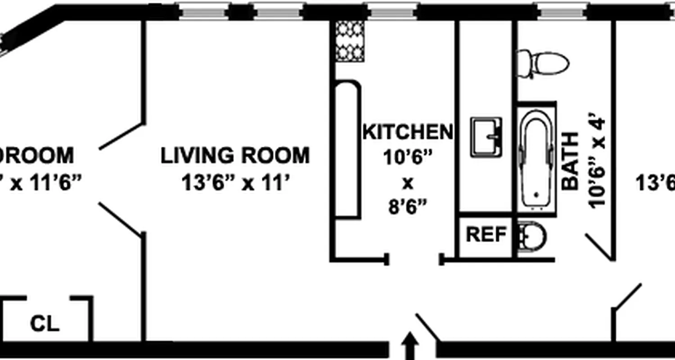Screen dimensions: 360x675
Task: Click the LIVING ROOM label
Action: (235, 156)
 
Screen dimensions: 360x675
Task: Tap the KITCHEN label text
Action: (407, 132)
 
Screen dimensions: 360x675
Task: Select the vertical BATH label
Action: (571, 161)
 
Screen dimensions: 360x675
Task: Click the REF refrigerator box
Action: (486, 235)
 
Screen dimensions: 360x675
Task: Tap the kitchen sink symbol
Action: (486, 137)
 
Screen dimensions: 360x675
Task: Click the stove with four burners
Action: (350, 41)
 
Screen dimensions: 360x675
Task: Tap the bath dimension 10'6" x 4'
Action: (598, 163)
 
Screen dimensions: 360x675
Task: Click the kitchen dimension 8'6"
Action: (407, 208)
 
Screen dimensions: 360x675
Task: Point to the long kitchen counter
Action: (347, 150)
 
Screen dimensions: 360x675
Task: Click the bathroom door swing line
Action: (598, 247)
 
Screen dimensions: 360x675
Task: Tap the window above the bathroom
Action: (562, 12)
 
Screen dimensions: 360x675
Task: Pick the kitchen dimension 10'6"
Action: (407, 157)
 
